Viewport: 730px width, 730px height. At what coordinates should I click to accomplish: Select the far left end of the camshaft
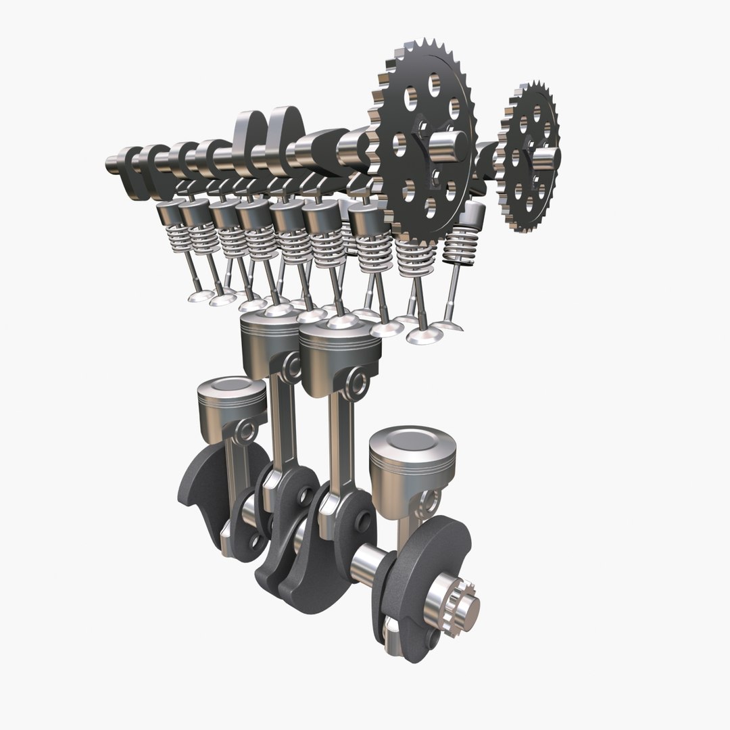click(112, 164)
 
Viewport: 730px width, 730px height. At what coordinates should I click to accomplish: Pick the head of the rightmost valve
click(447, 326)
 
